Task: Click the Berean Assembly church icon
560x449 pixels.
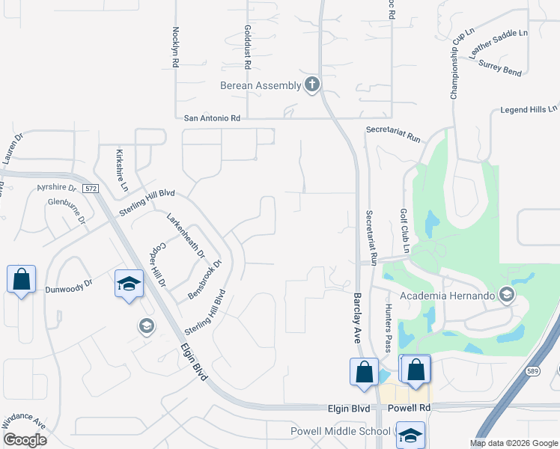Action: coord(312,85)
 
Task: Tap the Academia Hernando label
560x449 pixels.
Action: coord(448,296)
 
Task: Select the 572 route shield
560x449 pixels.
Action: coord(91,189)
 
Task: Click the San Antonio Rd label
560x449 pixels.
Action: coord(212,118)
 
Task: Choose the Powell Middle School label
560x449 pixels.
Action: coord(341,432)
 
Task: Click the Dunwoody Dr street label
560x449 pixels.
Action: coord(68,284)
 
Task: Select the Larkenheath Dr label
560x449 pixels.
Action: coord(185,235)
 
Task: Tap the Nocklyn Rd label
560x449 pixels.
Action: coord(175,48)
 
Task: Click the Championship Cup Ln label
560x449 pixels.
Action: coord(463,64)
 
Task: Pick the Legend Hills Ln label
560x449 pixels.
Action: coord(529,109)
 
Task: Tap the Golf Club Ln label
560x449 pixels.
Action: coord(404,230)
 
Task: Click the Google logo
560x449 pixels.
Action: coord(25,440)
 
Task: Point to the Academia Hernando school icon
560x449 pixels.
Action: coord(507,294)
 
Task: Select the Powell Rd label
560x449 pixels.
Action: coord(410,409)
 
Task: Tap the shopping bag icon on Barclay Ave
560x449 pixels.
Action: coord(364,371)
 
